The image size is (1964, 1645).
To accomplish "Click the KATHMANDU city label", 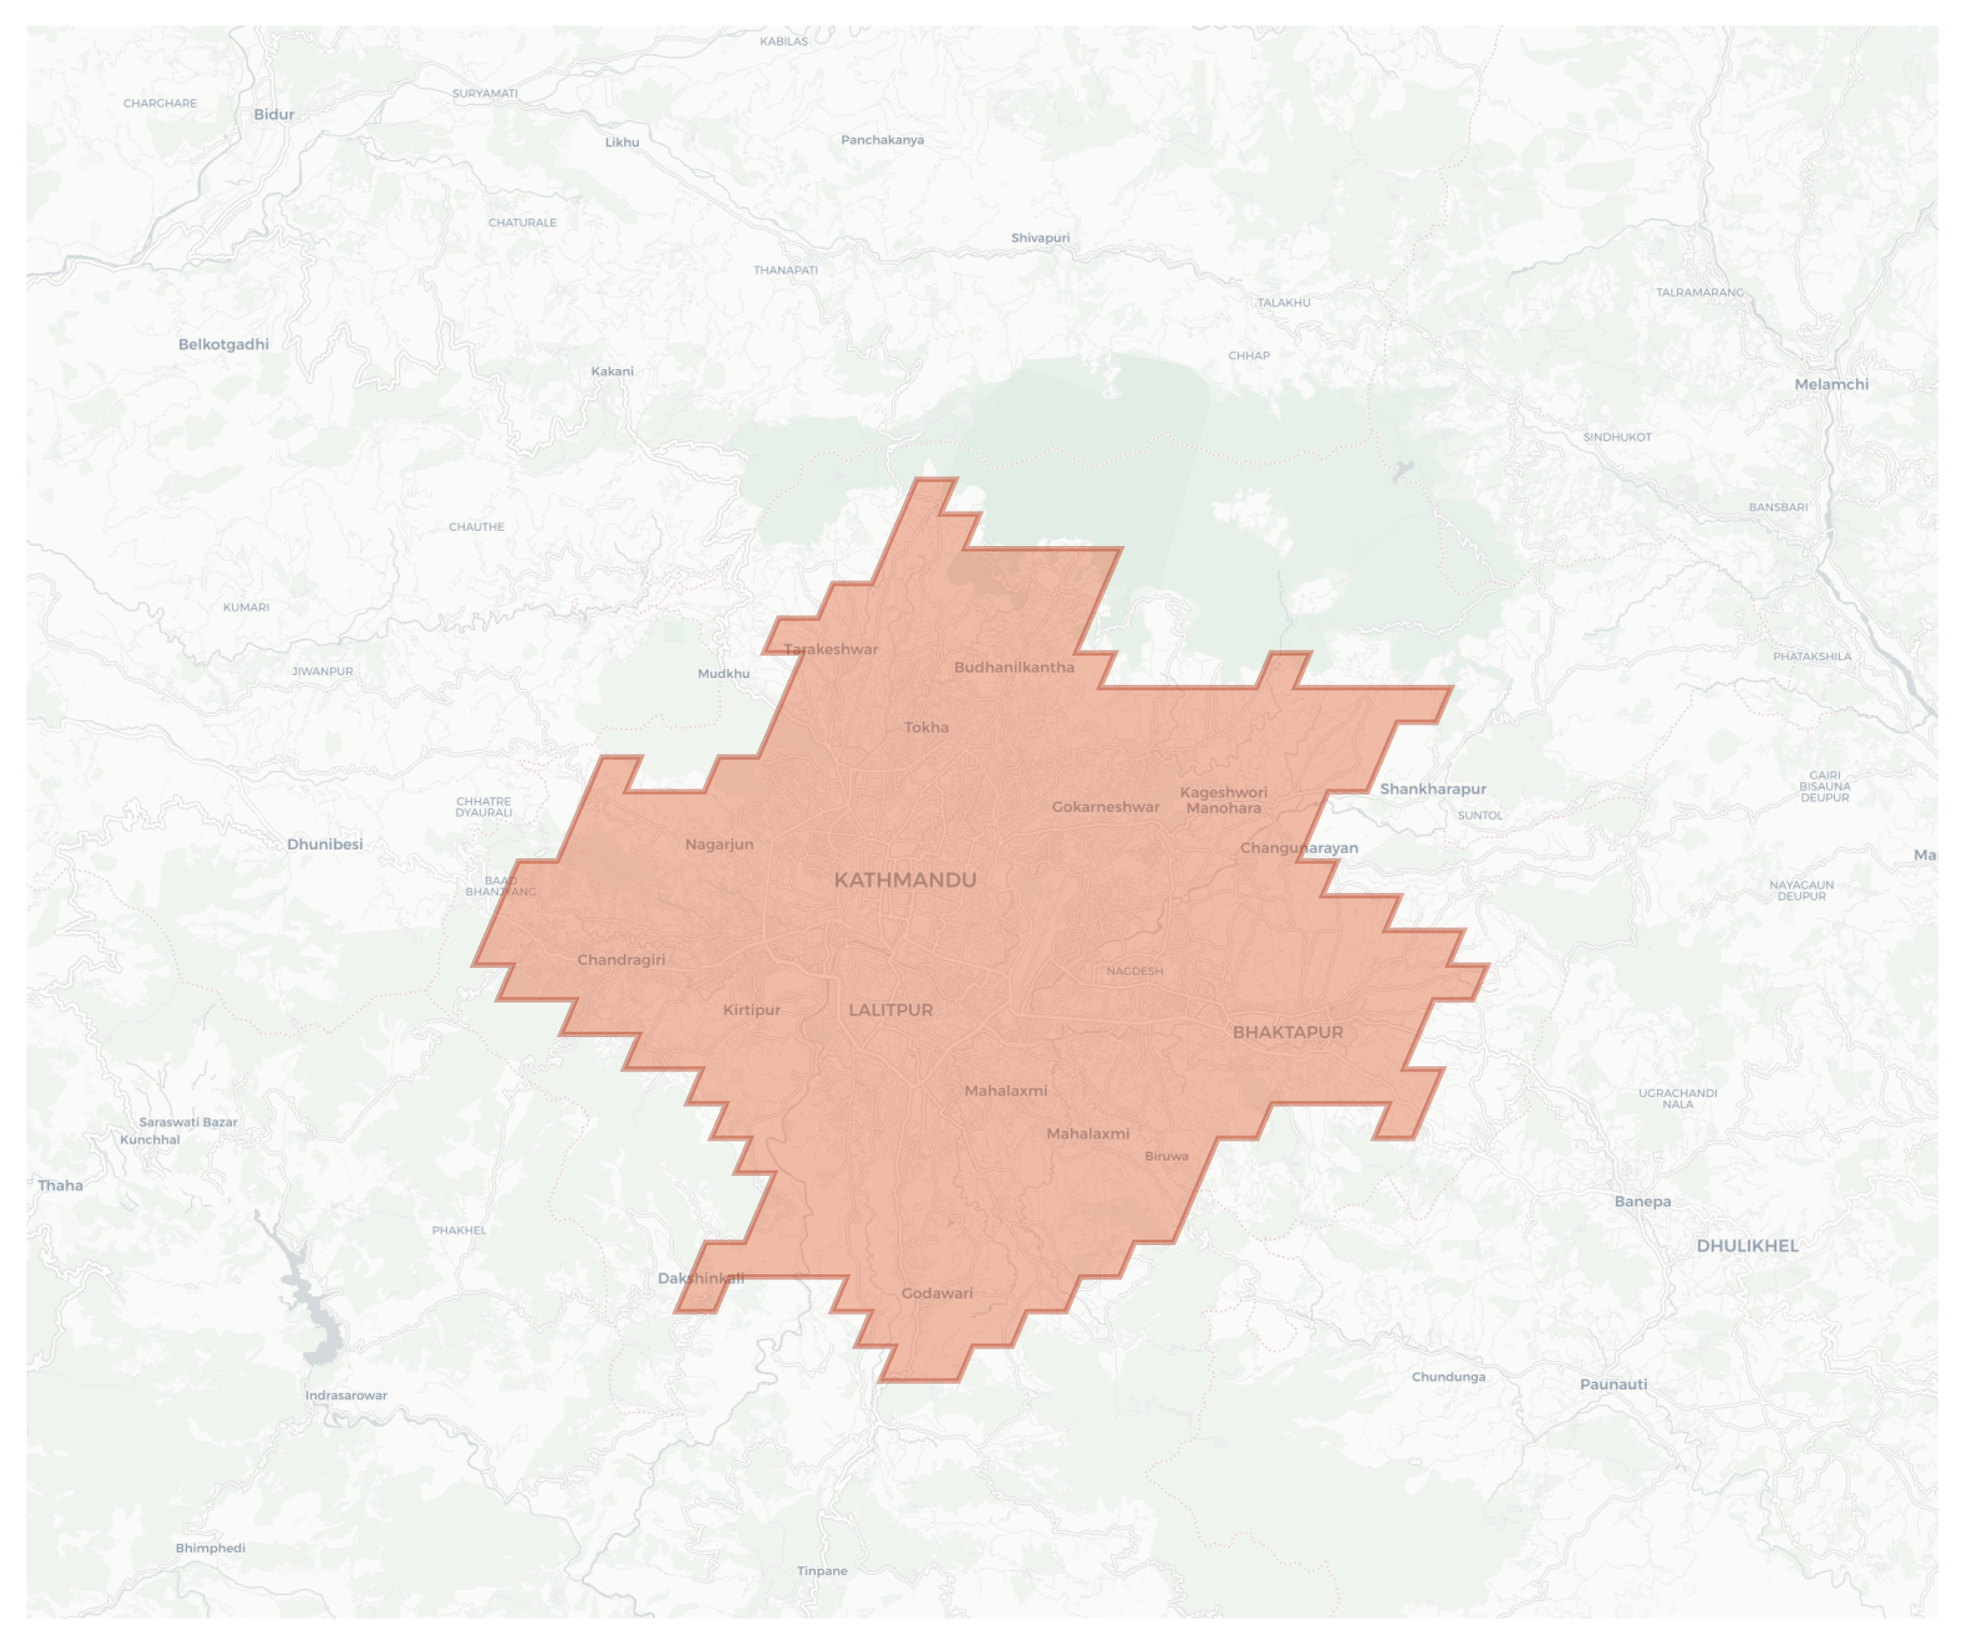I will [905, 880].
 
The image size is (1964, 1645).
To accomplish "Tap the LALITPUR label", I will [890, 1010].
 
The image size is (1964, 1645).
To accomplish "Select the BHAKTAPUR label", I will [1287, 1033].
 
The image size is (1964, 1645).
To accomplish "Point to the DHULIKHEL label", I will [1747, 1246].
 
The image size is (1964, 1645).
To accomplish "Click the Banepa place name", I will [1643, 1202].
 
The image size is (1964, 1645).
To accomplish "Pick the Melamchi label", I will [1831, 384].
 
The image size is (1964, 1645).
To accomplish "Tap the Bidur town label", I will [274, 115].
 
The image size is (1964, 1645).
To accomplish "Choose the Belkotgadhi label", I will [224, 344].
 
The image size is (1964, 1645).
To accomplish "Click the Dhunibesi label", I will [325, 844].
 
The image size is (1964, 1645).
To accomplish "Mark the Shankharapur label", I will [1433, 789].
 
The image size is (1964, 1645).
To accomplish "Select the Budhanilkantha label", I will [1013, 668].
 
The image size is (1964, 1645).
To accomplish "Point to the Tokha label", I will [926, 727].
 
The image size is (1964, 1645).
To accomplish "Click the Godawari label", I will [937, 1294].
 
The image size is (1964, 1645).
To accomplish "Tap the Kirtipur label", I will [751, 1010].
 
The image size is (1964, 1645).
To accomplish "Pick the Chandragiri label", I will [621, 959].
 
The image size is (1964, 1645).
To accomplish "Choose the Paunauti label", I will [1614, 1384].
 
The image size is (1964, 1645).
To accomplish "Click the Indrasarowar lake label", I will [346, 1395].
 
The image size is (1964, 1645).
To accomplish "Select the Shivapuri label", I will [1040, 238].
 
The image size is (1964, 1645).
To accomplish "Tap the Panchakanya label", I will [882, 141].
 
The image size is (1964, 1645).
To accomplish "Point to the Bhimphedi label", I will [211, 1548].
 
